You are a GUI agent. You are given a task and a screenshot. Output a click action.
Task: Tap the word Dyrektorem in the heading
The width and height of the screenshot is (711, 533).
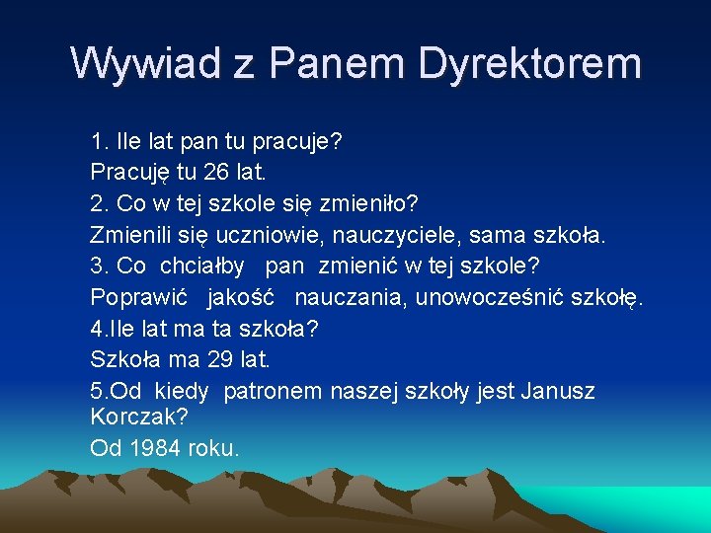pyautogui.click(x=529, y=64)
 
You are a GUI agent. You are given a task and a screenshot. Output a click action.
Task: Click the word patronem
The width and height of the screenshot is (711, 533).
pyautogui.click(x=273, y=391)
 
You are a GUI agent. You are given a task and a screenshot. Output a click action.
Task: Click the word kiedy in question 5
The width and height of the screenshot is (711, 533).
pyautogui.click(x=181, y=391)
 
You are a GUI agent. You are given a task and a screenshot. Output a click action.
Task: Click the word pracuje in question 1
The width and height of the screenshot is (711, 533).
pyautogui.click(x=297, y=142)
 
